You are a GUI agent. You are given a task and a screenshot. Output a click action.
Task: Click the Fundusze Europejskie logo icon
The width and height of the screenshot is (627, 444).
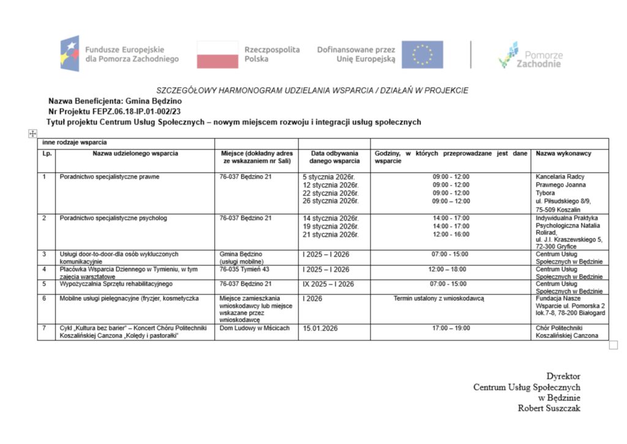[69, 54]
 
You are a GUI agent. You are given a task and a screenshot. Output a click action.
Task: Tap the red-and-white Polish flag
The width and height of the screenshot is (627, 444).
[217, 54]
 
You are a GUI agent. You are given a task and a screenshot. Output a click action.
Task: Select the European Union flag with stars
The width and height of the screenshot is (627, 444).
[422, 54]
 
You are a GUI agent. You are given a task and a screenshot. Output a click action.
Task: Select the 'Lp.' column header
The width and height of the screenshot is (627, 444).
[47, 153]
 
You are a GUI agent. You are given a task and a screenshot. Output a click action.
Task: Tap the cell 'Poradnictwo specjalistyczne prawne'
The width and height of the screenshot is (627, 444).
[110, 177]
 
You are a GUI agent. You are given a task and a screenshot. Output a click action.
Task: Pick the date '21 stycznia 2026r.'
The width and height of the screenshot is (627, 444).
[330, 234]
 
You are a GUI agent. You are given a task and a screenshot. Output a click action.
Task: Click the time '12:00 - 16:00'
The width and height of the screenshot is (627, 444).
[451, 234]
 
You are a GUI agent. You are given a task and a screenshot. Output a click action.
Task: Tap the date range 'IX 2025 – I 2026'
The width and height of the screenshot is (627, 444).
[328, 284]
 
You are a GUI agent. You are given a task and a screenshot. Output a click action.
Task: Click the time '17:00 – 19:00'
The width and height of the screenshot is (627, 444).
[451, 328]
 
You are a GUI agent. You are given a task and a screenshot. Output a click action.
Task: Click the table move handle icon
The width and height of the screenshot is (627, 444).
[32, 134]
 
